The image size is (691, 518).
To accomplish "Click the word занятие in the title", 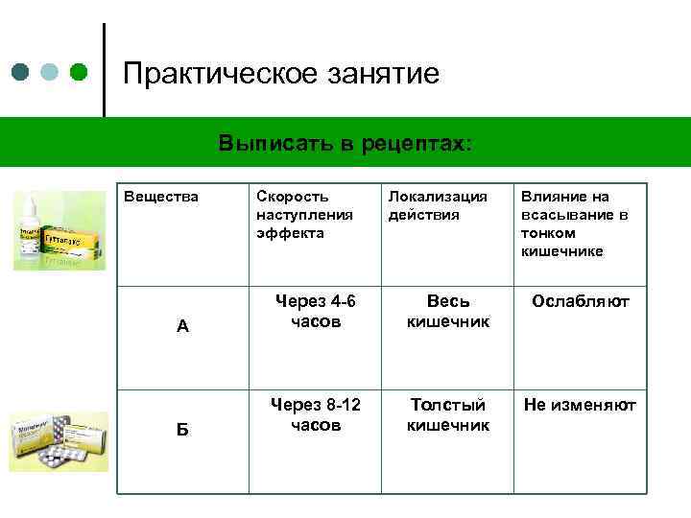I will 377,74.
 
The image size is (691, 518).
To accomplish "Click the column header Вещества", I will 161,197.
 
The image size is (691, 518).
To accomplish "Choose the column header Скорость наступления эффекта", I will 304,214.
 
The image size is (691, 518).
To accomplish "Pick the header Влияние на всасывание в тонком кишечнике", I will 575,223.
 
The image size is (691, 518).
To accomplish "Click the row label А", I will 182,325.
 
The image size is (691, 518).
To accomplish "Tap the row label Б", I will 182,430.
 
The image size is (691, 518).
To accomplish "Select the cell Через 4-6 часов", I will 315,311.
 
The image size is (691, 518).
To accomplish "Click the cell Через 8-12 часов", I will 315,414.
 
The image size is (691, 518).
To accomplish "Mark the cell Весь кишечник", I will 447,311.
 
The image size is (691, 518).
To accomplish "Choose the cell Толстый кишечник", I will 447,414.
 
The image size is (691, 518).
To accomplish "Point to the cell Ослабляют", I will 581,301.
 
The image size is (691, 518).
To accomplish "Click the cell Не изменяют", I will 581,405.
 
